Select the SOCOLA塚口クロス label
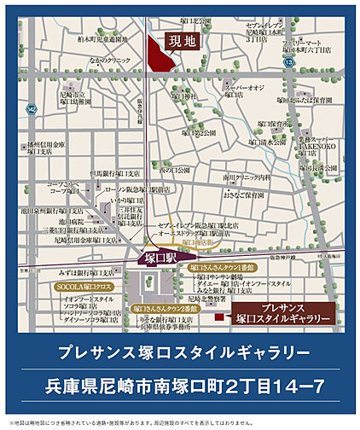click(x=60, y=288)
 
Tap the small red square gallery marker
click(x=219, y=318)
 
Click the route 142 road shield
click(x=31, y=109)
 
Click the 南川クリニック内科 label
click(x=247, y=177)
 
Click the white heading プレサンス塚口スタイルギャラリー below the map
click(x=180, y=352)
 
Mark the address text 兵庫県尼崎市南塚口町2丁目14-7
click(x=180, y=386)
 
